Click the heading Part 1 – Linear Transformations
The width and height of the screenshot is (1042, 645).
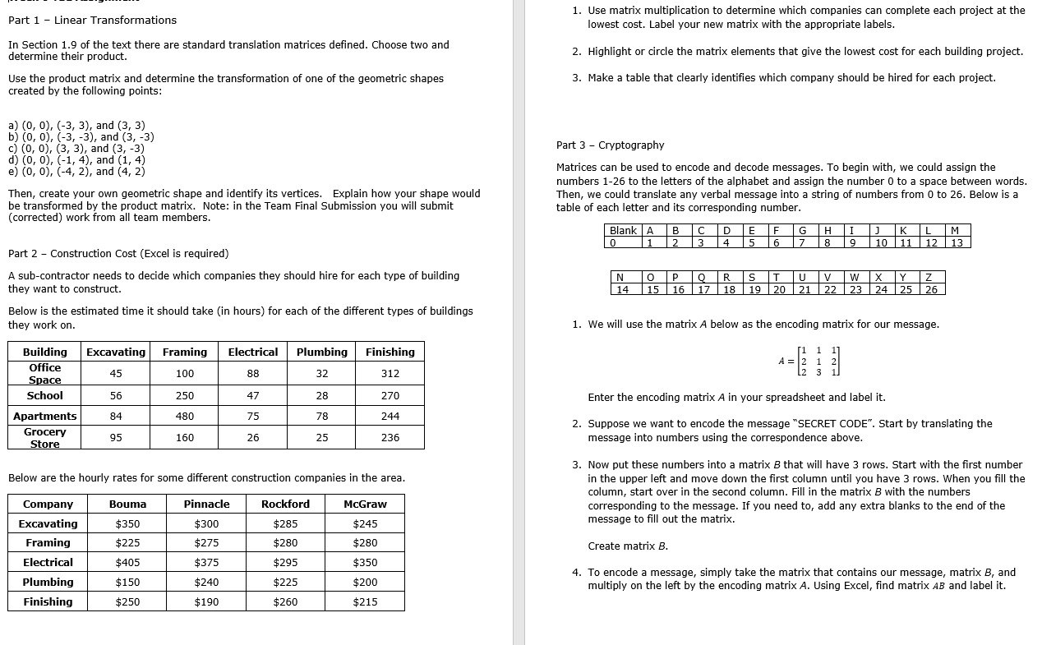point(92,20)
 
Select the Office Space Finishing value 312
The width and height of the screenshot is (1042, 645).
point(390,374)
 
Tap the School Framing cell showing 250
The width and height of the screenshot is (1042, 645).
point(185,396)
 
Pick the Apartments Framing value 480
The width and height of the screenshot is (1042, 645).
point(185,417)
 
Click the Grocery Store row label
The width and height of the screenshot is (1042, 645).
point(45,438)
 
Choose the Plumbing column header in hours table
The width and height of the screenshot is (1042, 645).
point(322,352)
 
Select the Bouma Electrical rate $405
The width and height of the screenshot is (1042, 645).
point(127,563)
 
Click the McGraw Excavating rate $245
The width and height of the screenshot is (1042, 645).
point(365,524)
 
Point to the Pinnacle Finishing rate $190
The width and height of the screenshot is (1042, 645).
point(206,602)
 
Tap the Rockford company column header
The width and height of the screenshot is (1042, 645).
point(285,504)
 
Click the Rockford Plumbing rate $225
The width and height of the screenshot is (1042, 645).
point(285,583)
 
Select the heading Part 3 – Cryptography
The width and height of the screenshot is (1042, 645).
point(610,145)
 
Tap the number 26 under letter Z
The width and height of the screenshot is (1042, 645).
point(931,289)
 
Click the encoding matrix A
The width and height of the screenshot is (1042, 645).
point(810,362)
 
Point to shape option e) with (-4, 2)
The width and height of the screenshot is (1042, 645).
point(76,172)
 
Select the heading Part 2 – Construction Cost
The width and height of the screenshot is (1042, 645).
point(118,254)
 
